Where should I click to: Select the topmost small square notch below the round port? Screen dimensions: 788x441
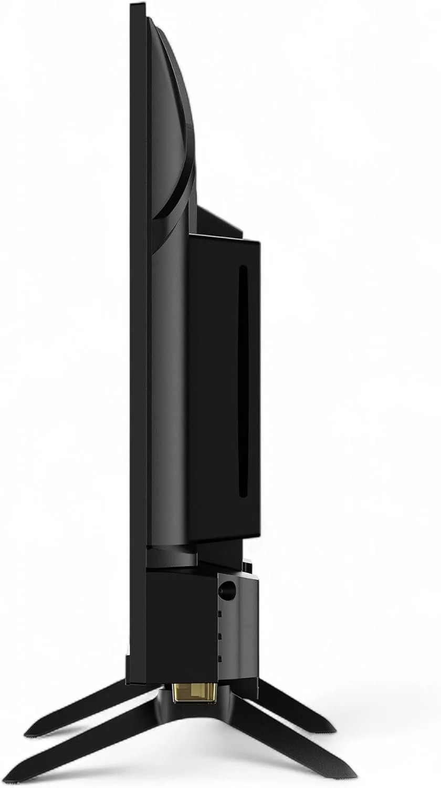(x=220, y=613)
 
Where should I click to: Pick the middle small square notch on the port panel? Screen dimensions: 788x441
(x=220, y=636)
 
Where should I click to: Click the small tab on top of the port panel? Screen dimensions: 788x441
(x=247, y=566)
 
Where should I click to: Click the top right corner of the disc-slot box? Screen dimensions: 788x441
(x=259, y=242)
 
